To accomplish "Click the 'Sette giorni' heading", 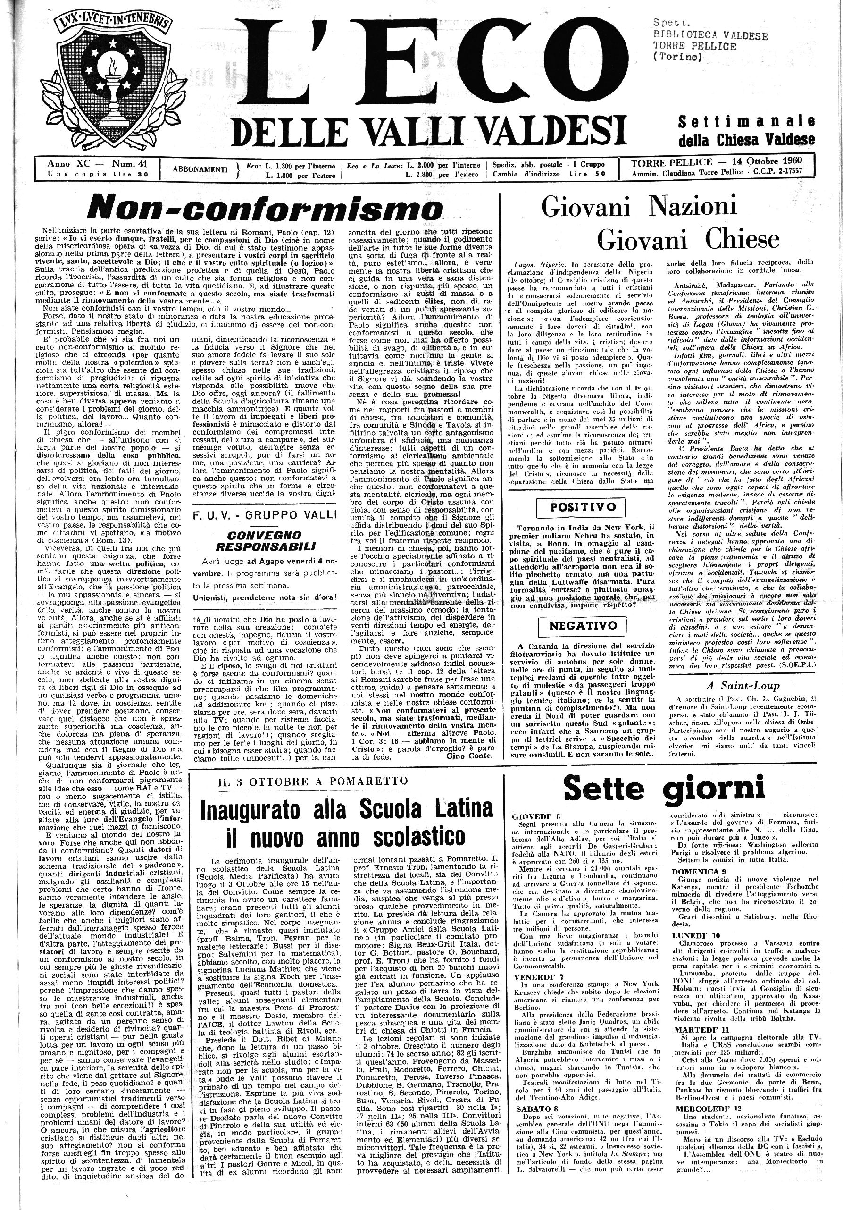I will (664, 789).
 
